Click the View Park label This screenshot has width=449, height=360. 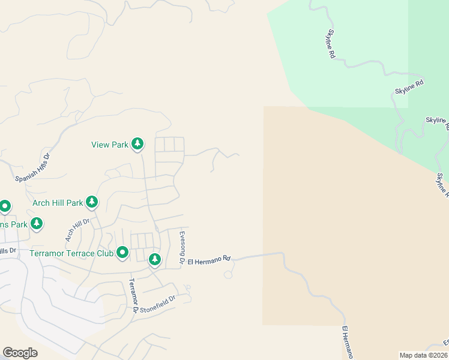pyautogui.click(x=110, y=145)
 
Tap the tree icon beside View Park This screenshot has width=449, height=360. pyautogui.click(x=138, y=143)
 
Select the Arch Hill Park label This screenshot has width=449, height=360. pyautogui.click(x=58, y=203)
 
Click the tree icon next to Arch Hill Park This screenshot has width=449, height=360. pyautogui.click(x=92, y=202)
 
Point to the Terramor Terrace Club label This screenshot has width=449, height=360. pyautogui.click(x=71, y=253)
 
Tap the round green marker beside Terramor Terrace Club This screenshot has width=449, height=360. pyautogui.click(x=122, y=253)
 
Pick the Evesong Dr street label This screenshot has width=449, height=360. pyautogui.click(x=182, y=247)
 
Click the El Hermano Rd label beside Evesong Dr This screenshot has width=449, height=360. pyautogui.click(x=209, y=260)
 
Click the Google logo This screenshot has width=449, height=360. pyautogui.click(x=20, y=353)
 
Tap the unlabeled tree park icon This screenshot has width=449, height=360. pyautogui.click(x=155, y=259)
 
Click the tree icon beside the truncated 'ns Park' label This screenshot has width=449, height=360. pyautogui.click(x=37, y=224)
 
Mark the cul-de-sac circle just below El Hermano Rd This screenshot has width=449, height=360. pyautogui.click(x=228, y=275)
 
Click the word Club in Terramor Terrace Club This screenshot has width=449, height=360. pyautogui.click(x=104, y=253)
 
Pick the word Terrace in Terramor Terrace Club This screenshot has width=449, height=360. pyautogui.click(x=79, y=253)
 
